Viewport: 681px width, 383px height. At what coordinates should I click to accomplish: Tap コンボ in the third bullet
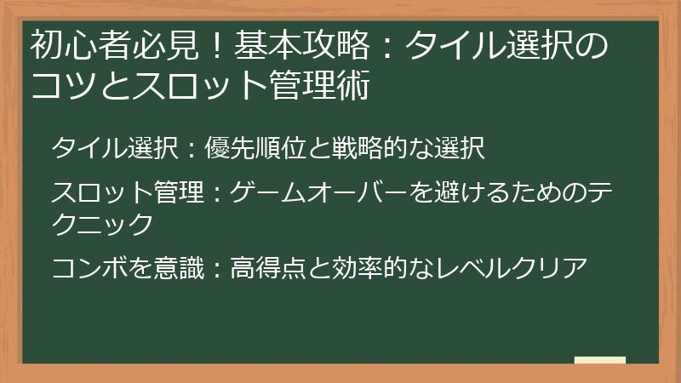[x=89, y=268]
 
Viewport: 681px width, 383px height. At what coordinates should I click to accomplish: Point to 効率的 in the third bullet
[x=372, y=268]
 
